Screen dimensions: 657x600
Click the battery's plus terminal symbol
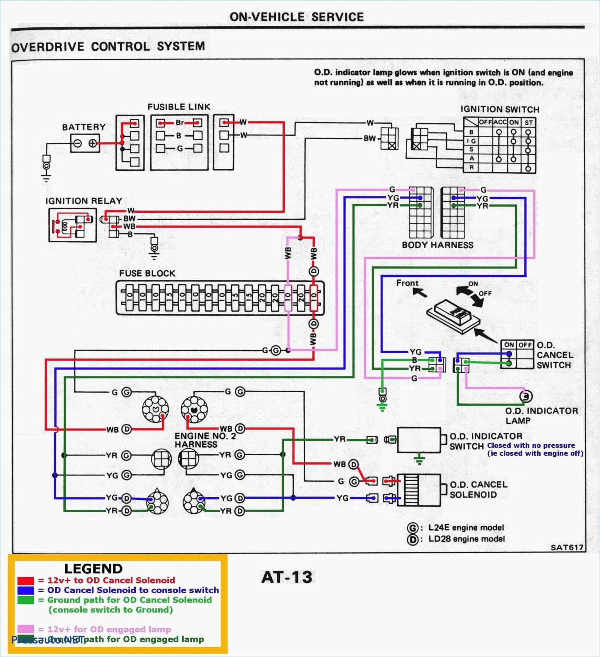93,143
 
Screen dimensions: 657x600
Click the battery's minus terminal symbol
78,143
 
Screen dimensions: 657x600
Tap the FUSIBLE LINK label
179,107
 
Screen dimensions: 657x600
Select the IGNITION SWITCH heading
499,109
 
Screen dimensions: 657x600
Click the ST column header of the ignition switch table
528,123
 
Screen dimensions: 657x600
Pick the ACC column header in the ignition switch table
499,122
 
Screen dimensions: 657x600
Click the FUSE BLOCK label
147,273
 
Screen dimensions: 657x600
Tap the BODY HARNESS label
437,245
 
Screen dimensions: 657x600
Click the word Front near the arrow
407,283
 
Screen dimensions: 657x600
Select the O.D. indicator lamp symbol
526,396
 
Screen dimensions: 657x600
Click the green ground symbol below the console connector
382,407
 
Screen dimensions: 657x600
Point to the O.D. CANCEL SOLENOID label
478,489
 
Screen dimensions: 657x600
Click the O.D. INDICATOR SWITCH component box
419,440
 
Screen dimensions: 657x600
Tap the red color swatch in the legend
25,580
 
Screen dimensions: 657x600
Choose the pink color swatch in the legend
25,629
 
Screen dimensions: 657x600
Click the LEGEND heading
93,568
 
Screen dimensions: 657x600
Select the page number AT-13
287,577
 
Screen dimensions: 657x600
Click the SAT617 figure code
567,547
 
